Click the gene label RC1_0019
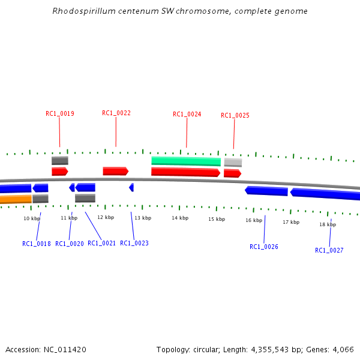coord(60,113)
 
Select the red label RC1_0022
coord(116,113)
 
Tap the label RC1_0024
coord(187,114)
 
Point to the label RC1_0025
coord(235,115)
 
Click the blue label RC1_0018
coord(37,244)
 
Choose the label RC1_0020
coord(70,244)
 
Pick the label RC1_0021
coord(101,243)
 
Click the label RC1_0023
coord(134,243)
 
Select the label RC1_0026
coord(264,247)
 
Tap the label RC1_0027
coord(329,250)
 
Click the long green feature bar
coord(186,161)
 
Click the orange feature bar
coord(16,199)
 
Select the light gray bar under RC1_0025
coord(233,162)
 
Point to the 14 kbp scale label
coord(180,218)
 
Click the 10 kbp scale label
coord(32,218)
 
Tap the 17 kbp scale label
coord(291,222)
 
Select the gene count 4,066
coord(343,349)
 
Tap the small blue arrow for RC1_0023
coord(131,187)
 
